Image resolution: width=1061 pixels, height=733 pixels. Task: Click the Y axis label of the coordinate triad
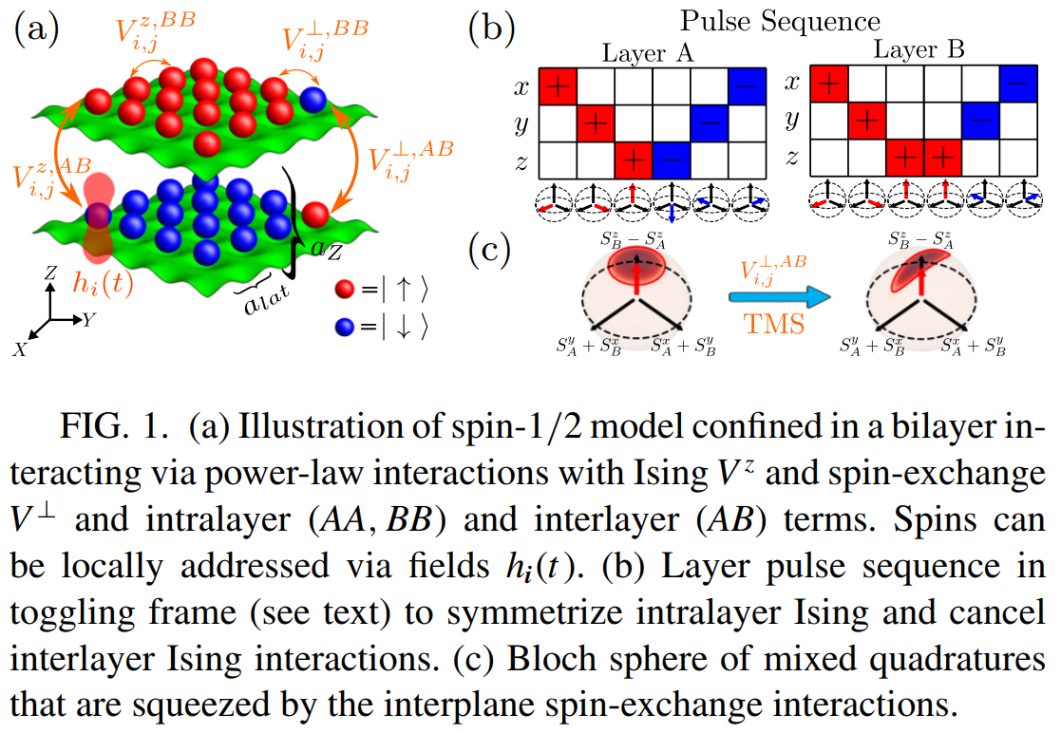[x=88, y=320]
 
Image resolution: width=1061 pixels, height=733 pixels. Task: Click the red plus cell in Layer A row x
[x=559, y=85]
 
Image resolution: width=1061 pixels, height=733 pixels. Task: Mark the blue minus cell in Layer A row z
[x=672, y=159]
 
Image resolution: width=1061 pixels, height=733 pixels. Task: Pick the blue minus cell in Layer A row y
[x=710, y=122]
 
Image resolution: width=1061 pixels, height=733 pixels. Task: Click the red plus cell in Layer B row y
[x=867, y=122]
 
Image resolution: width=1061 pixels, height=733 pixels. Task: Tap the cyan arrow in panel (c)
[x=770, y=298]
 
